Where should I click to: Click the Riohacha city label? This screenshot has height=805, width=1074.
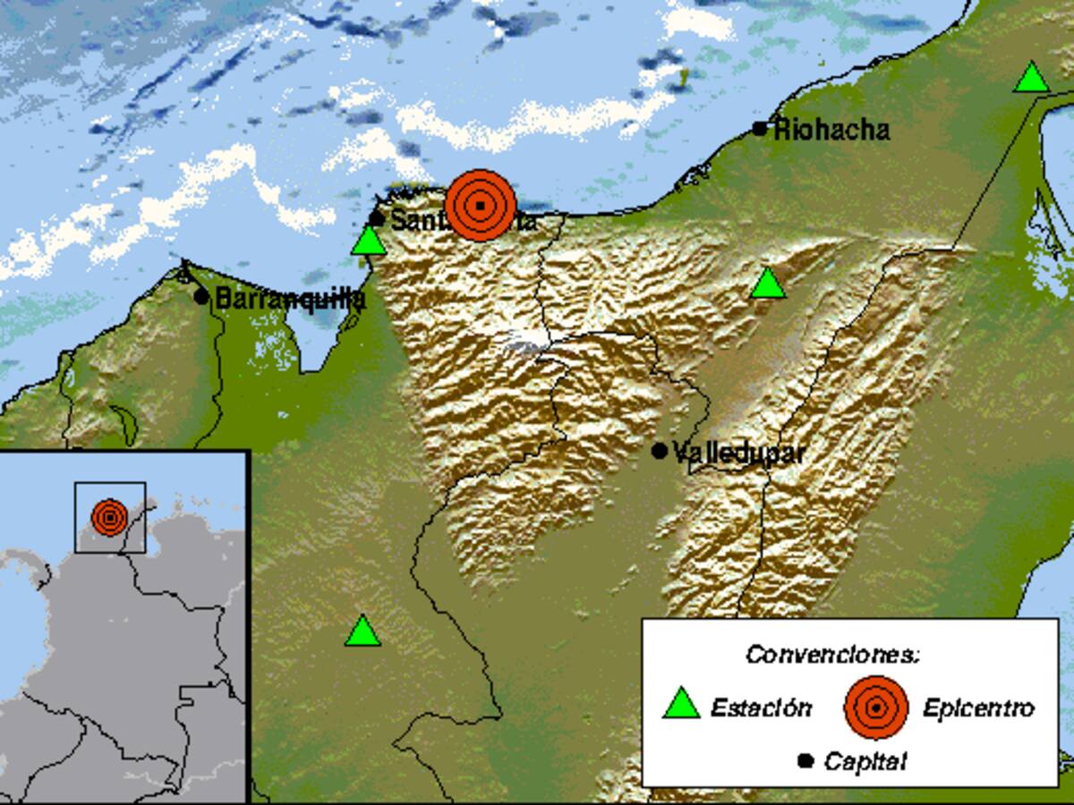pyautogui.click(x=831, y=131)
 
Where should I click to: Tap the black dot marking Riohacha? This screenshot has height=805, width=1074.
pyautogui.click(x=760, y=129)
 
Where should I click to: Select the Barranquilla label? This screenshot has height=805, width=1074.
pyautogui.click(x=290, y=299)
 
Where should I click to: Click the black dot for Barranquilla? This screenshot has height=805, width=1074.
pyautogui.click(x=201, y=297)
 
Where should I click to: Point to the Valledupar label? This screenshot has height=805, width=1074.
pyautogui.click(x=738, y=453)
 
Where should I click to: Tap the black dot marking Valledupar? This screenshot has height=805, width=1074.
pyautogui.click(x=660, y=452)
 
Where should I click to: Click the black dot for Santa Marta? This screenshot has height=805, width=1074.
pyautogui.click(x=377, y=219)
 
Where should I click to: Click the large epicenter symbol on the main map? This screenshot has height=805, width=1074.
pyautogui.click(x=481, y=206)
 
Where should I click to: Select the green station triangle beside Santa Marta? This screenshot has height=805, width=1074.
pyautogui.click(x=367, y=241)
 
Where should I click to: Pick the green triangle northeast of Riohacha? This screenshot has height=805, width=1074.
pyautogui.click(x=1031, y=79)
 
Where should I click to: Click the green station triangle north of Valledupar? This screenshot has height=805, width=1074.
pyautogui.click(x=768, y=284)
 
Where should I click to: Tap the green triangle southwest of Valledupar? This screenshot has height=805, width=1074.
pyautogui.click(x=362, y=631)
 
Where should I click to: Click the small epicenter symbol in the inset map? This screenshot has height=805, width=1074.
pyautogui.click(x=109, y=517)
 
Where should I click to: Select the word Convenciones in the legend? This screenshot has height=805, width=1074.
pyautogui.click(x=832, y=655)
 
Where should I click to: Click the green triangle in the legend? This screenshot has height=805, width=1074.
pyautogui.click(x=680, y=705)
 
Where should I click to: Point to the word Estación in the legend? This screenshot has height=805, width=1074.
pyautogui.click(x=762, y=708)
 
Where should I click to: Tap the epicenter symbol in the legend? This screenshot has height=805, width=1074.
pyautogui.click(x=876, y=708)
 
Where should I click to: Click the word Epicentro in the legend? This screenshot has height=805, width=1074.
pyautogui.click(x=978, y=708)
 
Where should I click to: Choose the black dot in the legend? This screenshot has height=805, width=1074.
pyautogui.click(x=805, y=761)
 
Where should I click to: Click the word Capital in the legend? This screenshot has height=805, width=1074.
pyautogui.click(x=865, y=762)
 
